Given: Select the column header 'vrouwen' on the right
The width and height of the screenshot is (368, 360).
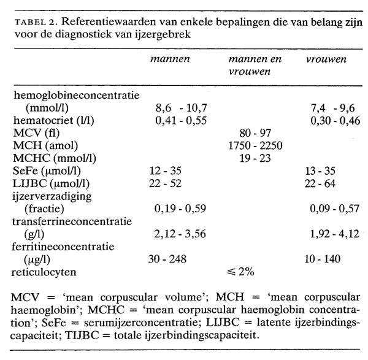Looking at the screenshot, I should pyautogui.click(x=326, y=60).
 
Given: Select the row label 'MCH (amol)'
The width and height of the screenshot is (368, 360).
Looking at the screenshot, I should pyautogui.click(x=42, y=144).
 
